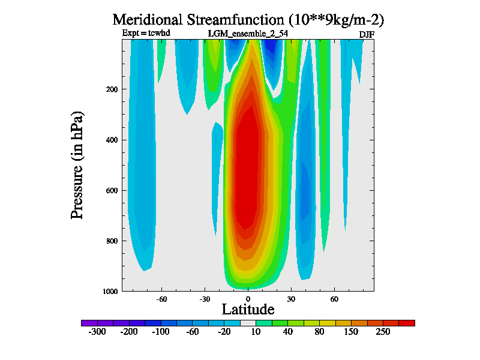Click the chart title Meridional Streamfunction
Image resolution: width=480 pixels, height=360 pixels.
pos(248,19)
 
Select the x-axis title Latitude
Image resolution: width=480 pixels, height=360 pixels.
pos(248,310)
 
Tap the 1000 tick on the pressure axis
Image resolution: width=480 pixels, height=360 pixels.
pos(110,291)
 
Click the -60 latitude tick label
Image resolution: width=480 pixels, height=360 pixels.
pos(161,298)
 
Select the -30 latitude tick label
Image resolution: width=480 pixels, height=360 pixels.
pos(205,298)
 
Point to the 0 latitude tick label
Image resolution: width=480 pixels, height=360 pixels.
pos(248,298)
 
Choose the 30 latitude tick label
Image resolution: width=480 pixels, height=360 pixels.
pos(291,298)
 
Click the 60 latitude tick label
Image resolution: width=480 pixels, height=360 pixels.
pos(334,298)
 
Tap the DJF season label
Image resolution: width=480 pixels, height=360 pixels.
pos(367,34)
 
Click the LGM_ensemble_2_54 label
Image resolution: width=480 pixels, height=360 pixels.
pos(247,34)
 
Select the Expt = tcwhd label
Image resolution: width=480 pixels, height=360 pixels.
pos(146,33)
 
